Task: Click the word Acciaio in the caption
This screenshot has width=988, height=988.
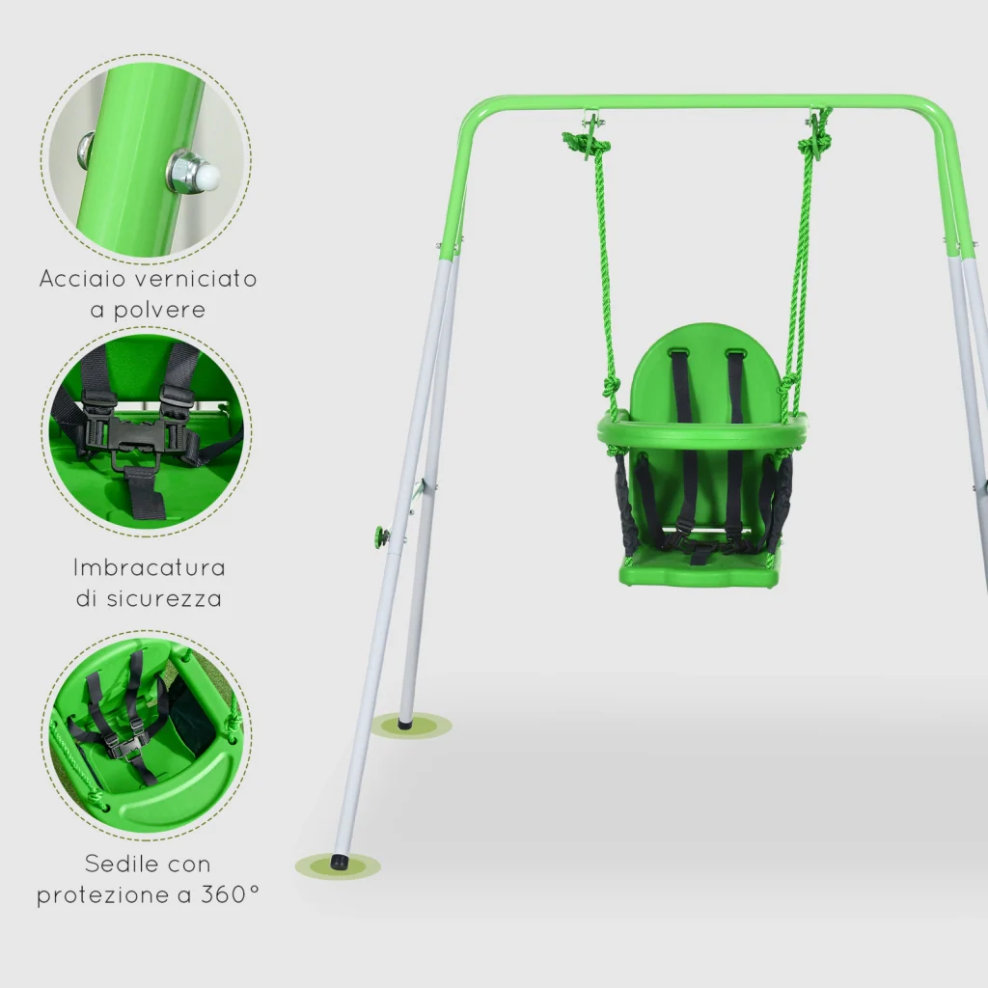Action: click(x=82, y=279)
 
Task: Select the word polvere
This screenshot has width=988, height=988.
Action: click(x=159, y=311)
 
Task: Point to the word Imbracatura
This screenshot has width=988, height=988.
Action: click(x=150, y=567)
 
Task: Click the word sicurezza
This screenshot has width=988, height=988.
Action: click(x=164, y=598)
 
